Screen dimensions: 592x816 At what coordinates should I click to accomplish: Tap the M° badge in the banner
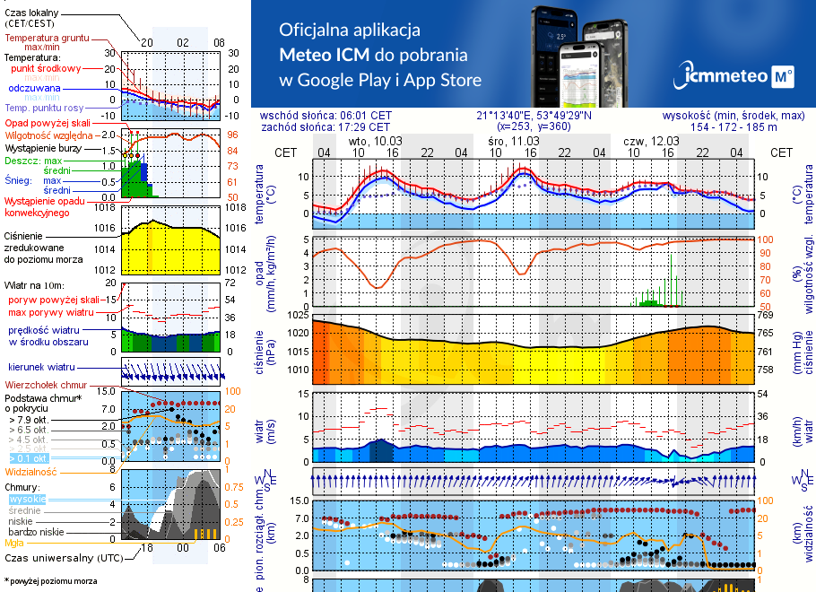[x=782, y=78]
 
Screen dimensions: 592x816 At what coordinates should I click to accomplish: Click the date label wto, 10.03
[x=376, y=141]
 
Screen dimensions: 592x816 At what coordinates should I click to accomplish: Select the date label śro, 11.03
[x=514, y=141]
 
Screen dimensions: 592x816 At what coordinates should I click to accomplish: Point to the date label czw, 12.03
[x=652, y=141]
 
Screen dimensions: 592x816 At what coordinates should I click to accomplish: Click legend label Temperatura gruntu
[x=47, y=39]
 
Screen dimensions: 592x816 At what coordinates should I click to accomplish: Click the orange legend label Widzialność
[x=31, y=471]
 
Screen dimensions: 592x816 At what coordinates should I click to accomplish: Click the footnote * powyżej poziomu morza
[x=49, y=581]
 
